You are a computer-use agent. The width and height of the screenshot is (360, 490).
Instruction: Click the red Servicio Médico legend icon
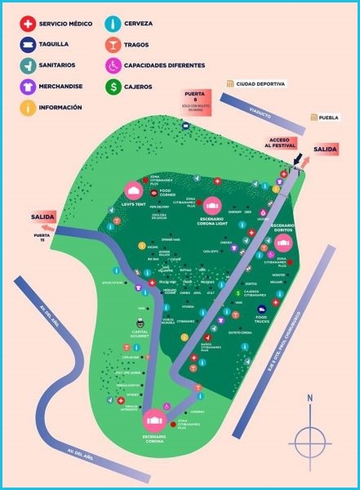(x=27, y=24)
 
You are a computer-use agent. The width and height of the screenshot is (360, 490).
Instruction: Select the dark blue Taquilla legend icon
(x=27, y=45)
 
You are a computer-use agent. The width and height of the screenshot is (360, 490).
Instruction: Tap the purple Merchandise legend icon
(x=27, y=86)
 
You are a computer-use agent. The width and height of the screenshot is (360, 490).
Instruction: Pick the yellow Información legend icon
(x=27, y=106)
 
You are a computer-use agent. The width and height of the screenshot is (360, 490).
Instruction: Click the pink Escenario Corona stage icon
(x=153, y=421)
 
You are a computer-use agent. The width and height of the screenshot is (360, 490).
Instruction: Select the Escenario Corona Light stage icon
(x=212, y=205)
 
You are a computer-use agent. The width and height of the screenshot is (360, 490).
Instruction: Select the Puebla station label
(x=325, y=118)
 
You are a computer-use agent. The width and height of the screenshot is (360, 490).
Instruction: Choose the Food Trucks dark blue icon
(x=262, y=310)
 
